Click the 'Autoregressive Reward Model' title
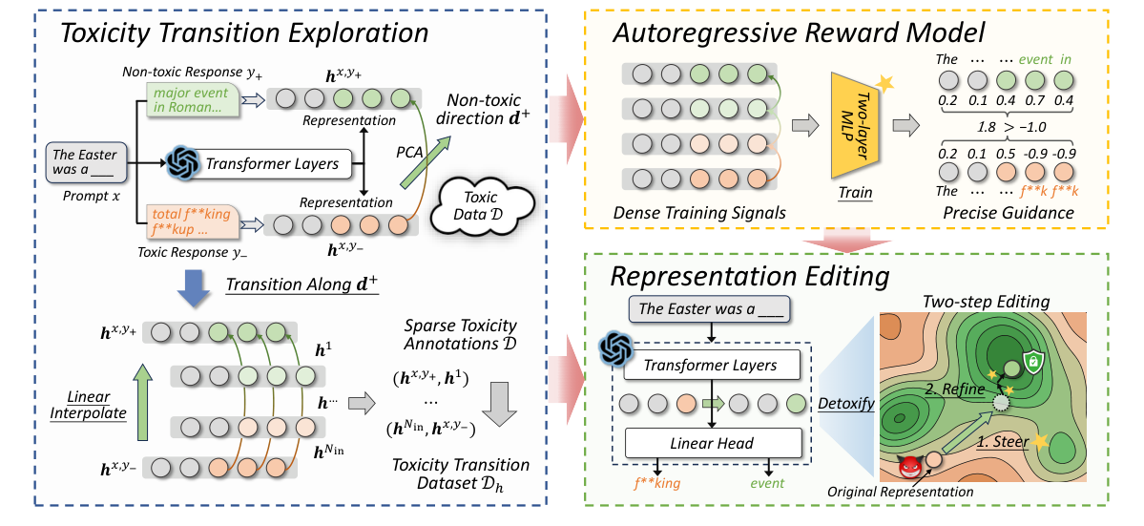[799, 33]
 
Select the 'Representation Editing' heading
[750, 276]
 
